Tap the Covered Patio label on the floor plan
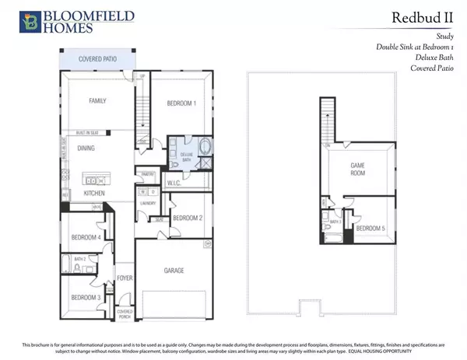pyautogui.click(x=97, y=59)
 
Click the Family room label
pyautogui.click(x=97, y=101)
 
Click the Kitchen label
pyautogui.click(x=96, y=192)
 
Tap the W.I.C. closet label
pyautogui.click(x=174, y=183)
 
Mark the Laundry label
pyautogui.click(x=148, y=204)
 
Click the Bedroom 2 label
pyautogui.click(x=188, y=218)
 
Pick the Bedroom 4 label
pyautogui.click(x=86, y=237)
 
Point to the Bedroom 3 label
pyautogui.click(x=86, y=298)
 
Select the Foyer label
pyautogui.click(x=125, y=278)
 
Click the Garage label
pyautogui.click(x=174, y=271)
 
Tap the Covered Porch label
pyautogui.click(x=125, y=313)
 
